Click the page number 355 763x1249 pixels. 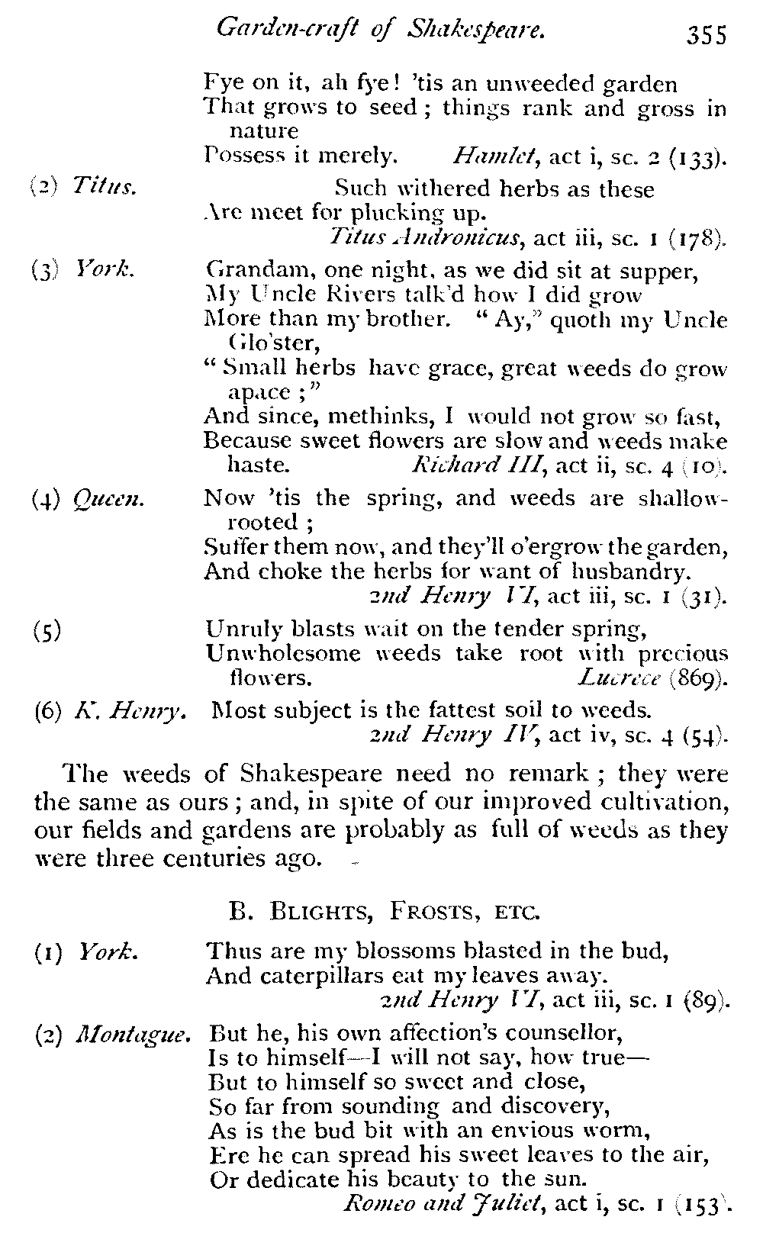pos(707,35)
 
